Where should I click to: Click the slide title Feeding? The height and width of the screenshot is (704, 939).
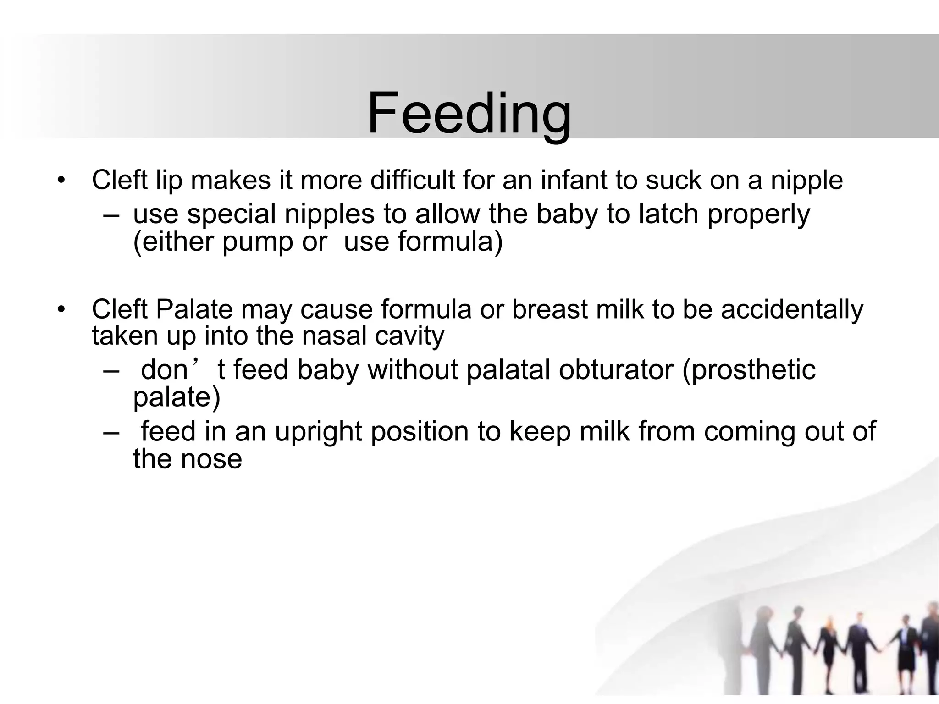tap(469, 114)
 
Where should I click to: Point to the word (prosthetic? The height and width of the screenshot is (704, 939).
tap(749, 370)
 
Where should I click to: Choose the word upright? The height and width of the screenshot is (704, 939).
tap(318, 432)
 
